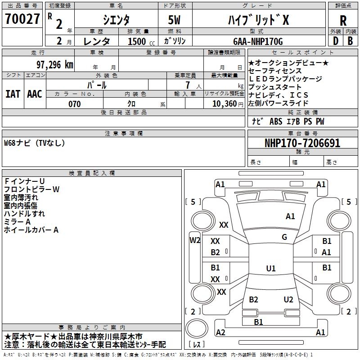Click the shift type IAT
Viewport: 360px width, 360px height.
pyautogui.click(x=13, y=94)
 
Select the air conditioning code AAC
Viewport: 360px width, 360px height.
pyautogui.click(x=35, y=94)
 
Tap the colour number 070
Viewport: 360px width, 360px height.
pyautogui.click(x=74, y=104)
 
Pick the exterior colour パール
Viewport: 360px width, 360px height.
pyautogui.click(x=97, y=85)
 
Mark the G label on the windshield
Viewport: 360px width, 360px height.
pyautogui.click(x=284, y=237)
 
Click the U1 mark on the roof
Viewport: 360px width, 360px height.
pyautogui.click(x=271, y=269)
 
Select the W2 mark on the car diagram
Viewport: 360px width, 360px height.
pyautogui.click(x=195, y=240)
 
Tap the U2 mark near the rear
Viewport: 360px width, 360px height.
pyautogui.click(x=288, y=300)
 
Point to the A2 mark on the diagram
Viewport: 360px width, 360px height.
pyautogui.click(x=220, y=332)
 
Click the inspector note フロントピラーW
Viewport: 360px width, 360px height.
pyautogui.click(x=31, y=189)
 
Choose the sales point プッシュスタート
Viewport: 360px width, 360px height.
pyautogui.click(x=275, y=87)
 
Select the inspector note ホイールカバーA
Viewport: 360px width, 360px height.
pyautogui.click(x=31, y=230)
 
